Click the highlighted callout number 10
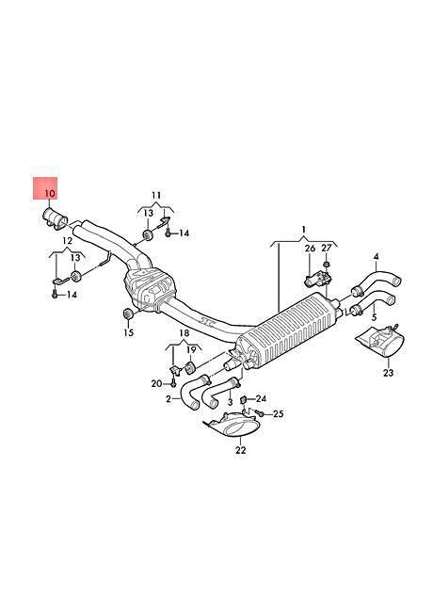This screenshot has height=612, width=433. pos(50,193)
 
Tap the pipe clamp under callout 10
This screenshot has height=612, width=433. pos(55,217)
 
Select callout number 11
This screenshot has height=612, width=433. pos(156,195)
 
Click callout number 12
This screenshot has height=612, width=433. pos(68,241)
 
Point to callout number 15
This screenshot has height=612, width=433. pos(128,332)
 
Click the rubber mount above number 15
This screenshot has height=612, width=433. pos(128,314)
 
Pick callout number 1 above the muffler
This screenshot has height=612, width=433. pos(304,229)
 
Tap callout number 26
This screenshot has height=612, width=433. pos(310,248)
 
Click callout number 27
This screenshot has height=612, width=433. pos(326,248)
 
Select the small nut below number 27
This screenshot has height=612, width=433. pos(327,265)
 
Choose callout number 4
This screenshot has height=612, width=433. pos(376,256)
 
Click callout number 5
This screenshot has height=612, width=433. pos(374,316)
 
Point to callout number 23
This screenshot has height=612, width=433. pos(388,373)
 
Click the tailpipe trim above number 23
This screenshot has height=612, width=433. pos(380,342)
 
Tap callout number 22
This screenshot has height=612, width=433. pos(241,450)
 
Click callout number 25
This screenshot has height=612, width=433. pos(278,413)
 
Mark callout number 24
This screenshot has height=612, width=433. pos(261,398)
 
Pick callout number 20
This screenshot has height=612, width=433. pos(156,383)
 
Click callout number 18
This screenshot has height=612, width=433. pos(184,333)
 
